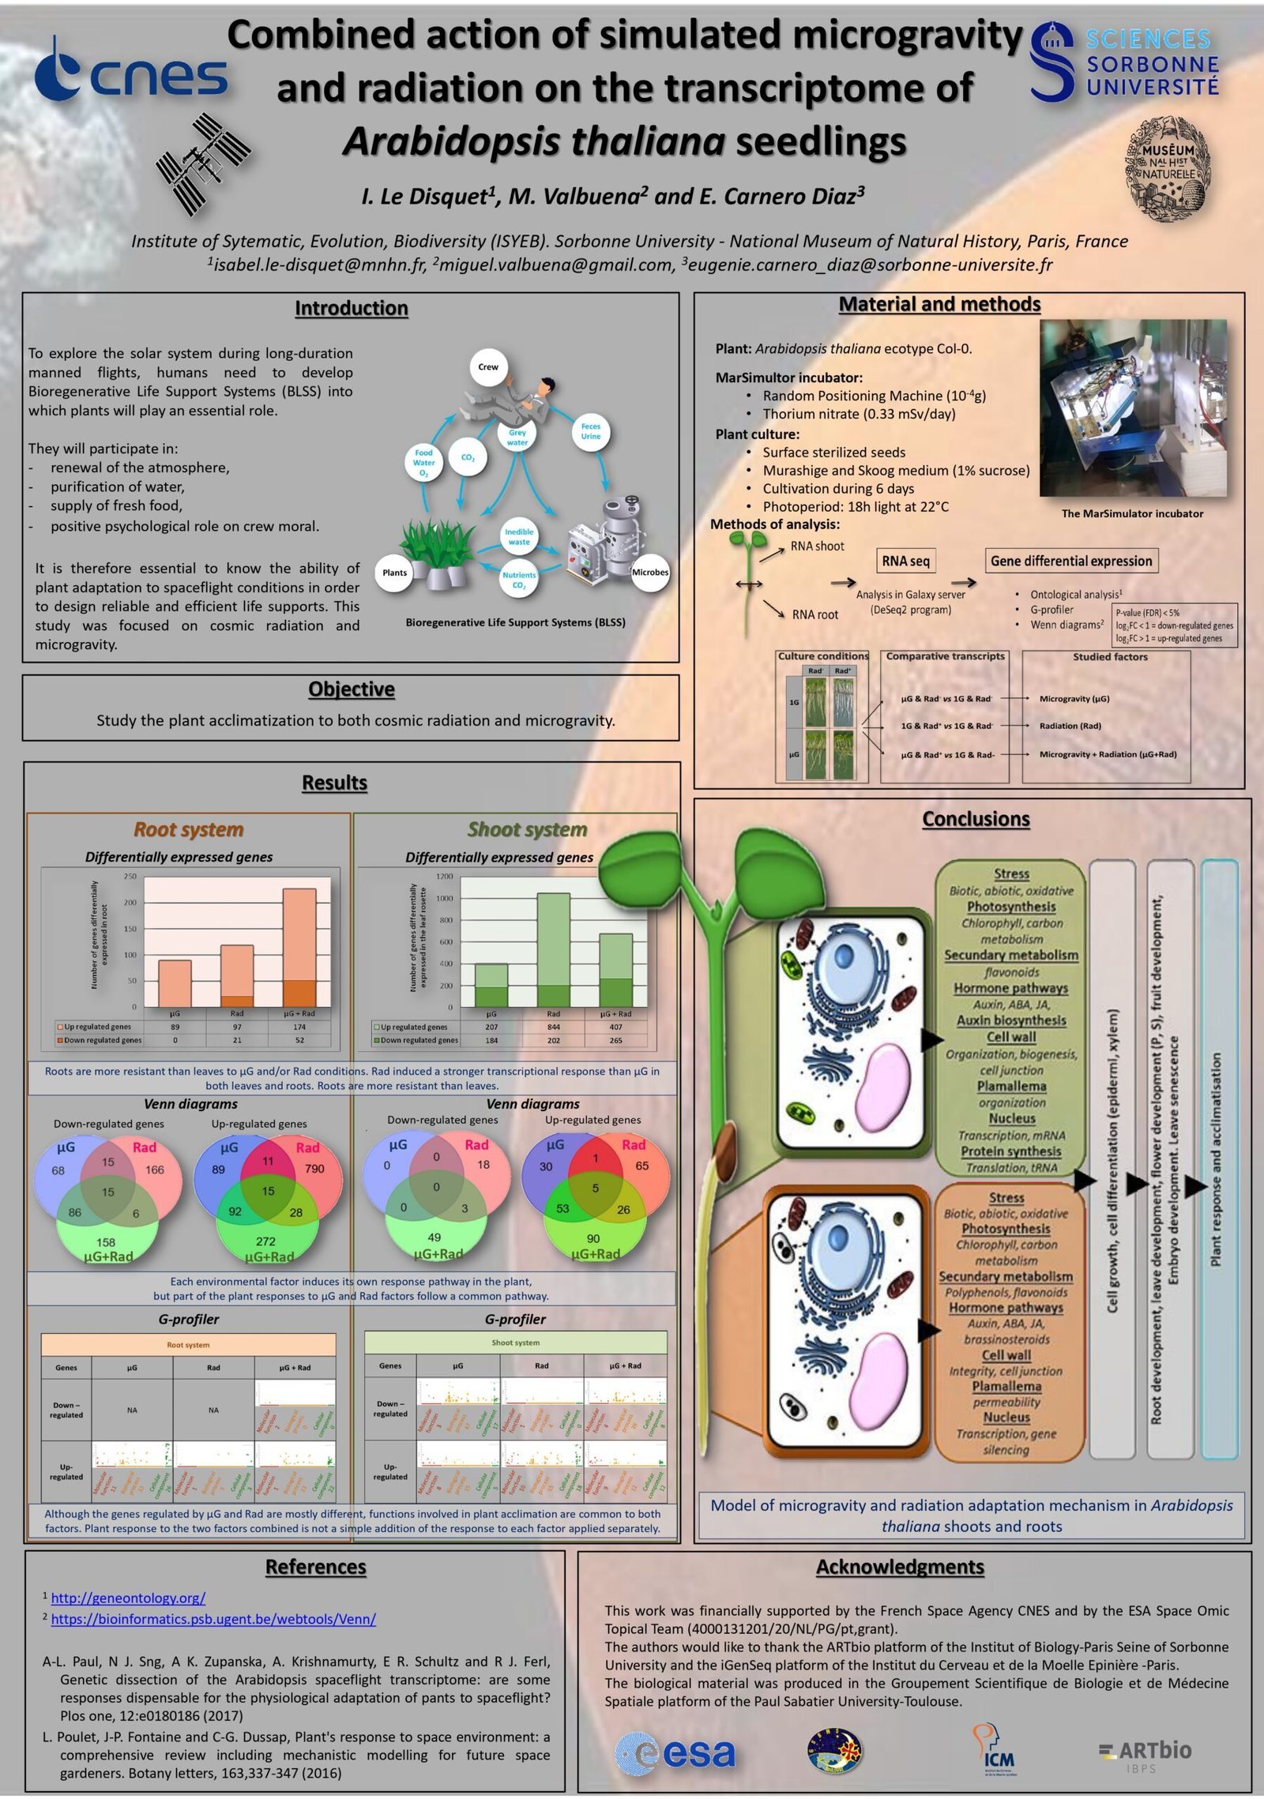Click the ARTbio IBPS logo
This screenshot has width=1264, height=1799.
pyautogui.click(x=1145, y=1755)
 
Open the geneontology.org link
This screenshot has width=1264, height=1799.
pyautogui.click(x=128, y=1598)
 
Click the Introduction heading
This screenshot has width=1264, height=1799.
pyautogui.click(x=351, y=308)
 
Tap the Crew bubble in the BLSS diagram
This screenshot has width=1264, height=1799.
pyautogui.click(x=488, y=366)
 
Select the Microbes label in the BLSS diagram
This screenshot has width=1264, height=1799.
pyautogui.click(x=649, y=573)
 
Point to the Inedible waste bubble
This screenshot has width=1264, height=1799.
pyautogui.click(x=519, y=537)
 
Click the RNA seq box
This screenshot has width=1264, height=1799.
pyautogui.click(x=905, y=561)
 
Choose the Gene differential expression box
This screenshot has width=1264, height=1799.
pyautogui.click(x=1071, y=561)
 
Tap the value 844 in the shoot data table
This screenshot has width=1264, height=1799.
pyautogui.click(x=553, y=1027)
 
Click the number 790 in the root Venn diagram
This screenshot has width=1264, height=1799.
pyautogui.click(x=314, y=1169)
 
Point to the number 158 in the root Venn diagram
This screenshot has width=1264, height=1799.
pyautogui.click(x=105, y=1242)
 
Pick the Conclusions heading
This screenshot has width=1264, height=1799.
pyautogui.click(x=976, y=819)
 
